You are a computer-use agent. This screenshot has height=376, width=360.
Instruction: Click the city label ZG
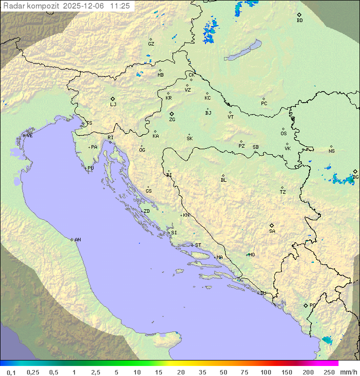click(172, 120)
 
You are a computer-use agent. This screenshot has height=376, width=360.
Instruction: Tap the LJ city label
click(113, 104)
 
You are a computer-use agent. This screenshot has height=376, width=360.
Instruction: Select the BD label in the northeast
click(299, 21)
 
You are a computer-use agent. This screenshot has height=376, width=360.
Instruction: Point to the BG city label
click(355, 177)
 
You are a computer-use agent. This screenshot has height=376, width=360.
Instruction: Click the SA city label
click(272, 231)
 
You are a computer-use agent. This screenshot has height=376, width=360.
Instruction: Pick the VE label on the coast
click(29, 136)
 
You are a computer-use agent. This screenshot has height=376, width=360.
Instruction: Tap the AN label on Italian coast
click(77, 240)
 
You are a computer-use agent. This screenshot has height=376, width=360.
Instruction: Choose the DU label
click(262, 293)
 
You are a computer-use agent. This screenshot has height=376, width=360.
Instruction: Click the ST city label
click(198, 245)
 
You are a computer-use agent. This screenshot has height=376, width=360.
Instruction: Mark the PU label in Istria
click(90, 168)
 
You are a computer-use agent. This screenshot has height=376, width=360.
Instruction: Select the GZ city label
click(151, 44)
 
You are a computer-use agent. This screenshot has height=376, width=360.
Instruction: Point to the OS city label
click(283, 134)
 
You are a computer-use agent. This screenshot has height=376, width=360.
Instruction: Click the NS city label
click(331, 151)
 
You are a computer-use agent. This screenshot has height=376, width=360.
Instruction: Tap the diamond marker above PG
click(305, 305)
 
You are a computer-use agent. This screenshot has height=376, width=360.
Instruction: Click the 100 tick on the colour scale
click(265, 372)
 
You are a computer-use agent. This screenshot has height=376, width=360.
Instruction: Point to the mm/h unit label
click(346, 372)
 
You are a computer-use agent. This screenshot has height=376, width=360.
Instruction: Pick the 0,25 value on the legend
click(33, 372)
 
